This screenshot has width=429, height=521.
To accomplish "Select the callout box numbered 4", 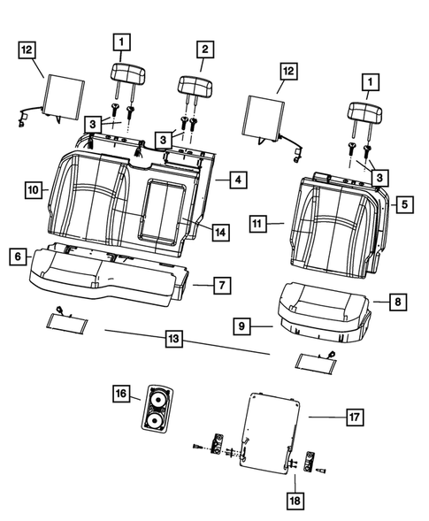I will [238, 180].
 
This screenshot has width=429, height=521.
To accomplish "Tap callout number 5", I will [402, 205].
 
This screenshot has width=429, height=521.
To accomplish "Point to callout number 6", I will [17, 256].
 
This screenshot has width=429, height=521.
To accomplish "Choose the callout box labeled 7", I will [223, 285].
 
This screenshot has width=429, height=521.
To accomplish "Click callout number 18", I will [294, 502].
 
